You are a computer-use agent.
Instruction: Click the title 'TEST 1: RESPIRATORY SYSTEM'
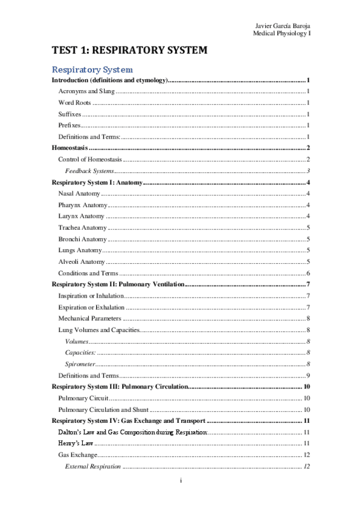coord(129,51)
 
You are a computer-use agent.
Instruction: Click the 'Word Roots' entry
coord(75,102)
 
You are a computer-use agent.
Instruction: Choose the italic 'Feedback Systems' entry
coord(89,171)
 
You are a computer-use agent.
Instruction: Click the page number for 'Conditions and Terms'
coord(308,273)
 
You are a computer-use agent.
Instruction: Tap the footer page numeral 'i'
coord(181,481)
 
